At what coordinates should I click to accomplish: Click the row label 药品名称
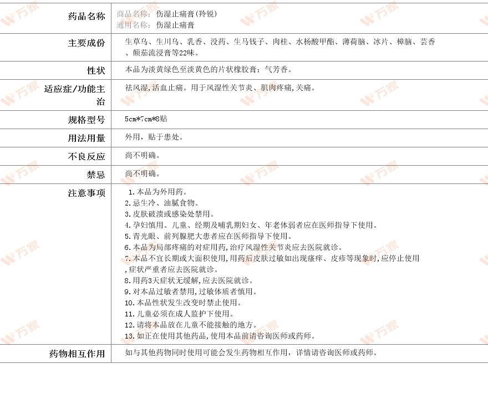click(x=86, y=16)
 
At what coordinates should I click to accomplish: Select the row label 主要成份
click(x=86, y=43)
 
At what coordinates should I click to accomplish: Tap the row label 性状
click(x=95, y=70)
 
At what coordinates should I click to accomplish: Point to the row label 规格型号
click(x=86, y=120)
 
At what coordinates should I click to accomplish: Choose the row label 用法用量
click(x=86, y=138)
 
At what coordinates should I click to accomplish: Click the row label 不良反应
click(x=86, y=156)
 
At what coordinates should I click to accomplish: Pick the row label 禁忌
click(x=95, y=175)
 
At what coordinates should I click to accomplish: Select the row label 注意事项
click(x=86, y=193)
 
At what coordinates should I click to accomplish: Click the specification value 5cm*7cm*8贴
click(x=146, y=119)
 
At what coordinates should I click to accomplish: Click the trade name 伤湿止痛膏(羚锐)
click(x=186, y=14)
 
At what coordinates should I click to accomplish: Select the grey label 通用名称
click(x=134, y=25)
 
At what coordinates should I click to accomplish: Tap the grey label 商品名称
click(x=134, y=14)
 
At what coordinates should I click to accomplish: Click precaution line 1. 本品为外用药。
click(x=153, y=192)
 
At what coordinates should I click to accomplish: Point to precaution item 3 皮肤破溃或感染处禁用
click(x=169, y=214)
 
